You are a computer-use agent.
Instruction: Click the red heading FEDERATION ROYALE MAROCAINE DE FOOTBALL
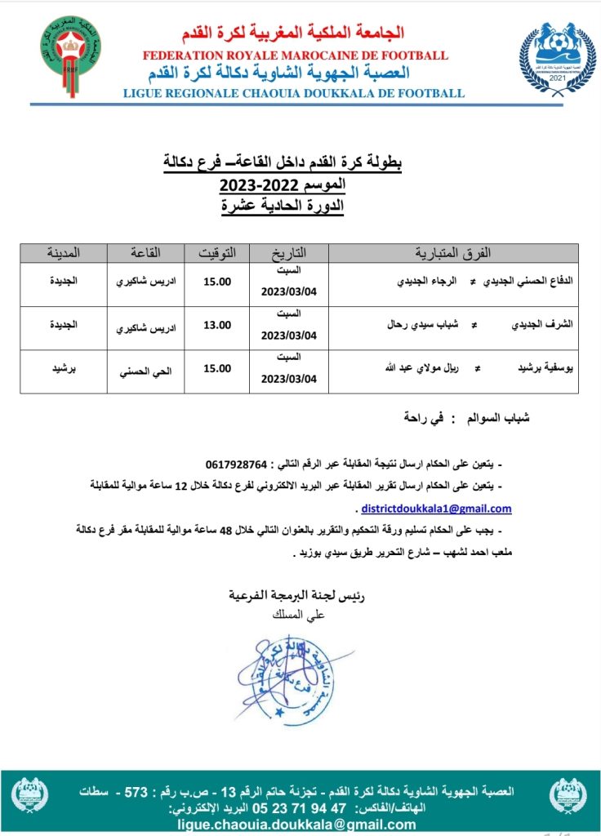295,56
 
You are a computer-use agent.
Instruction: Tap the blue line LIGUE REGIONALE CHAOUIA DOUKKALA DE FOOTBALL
293,93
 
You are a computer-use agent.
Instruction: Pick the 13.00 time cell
217,325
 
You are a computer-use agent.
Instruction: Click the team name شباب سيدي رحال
421,324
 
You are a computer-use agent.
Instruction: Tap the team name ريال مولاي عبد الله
417,368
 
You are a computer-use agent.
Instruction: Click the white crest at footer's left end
30,794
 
